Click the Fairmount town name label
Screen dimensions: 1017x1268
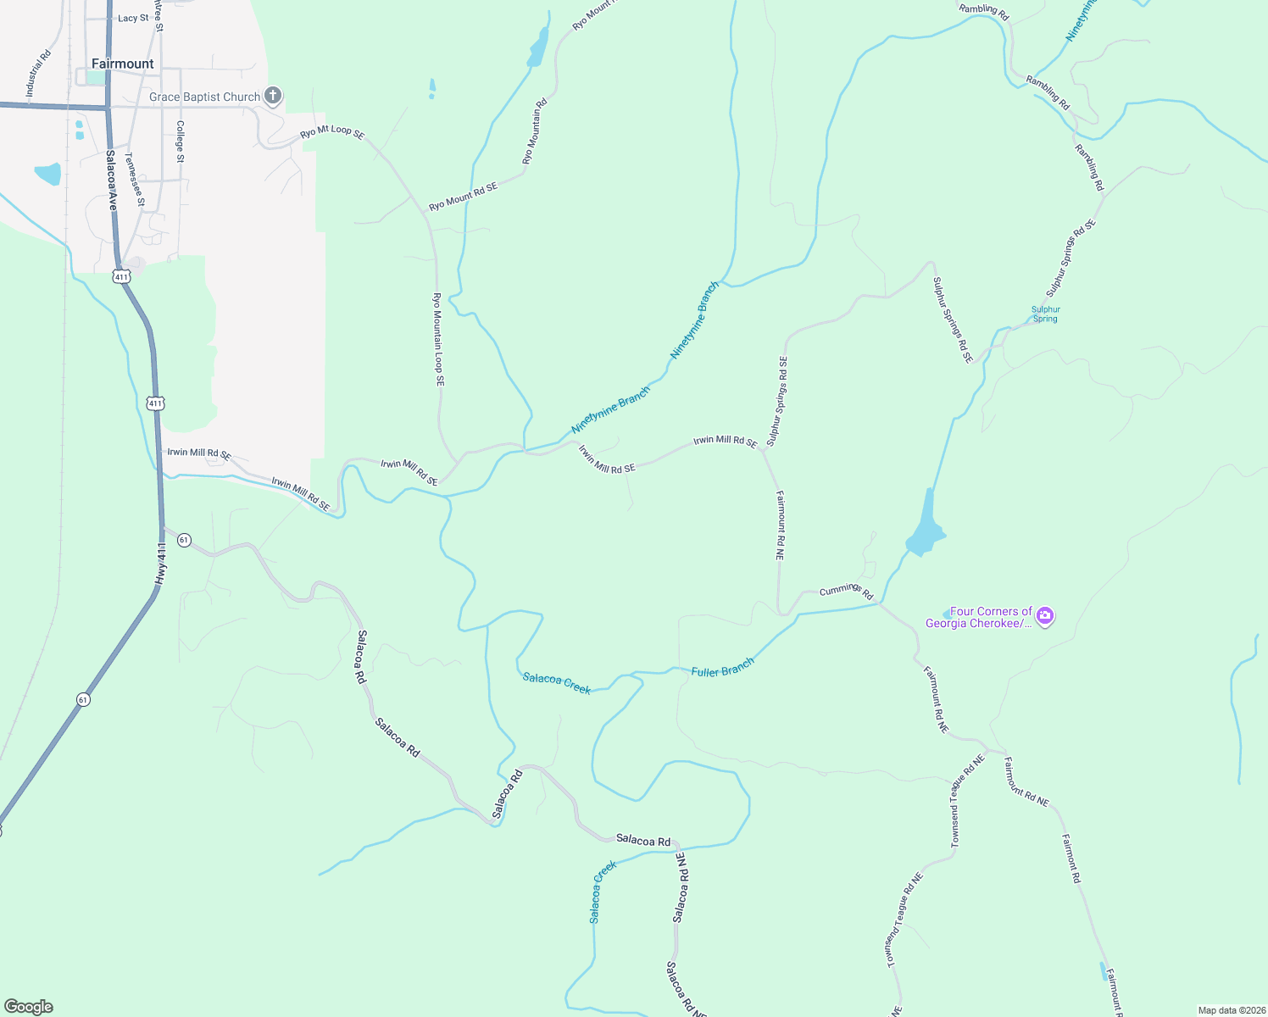[x=123, y=64]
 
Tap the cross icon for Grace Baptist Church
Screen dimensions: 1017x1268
[x=273, y=96]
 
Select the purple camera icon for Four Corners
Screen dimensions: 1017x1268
[x=1045, y=616]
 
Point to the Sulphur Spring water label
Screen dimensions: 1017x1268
[x=1046, y=314]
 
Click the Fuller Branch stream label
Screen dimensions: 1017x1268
[x=722, y=670]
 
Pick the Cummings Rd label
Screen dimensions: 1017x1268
[x=846, y=591]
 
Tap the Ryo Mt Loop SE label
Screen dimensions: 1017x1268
[x=332, y=132]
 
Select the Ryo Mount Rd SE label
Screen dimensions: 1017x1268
[x=463, y=196]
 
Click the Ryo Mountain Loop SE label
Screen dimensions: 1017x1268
[x=438, y=340]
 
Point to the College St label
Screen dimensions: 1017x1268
[x=180, y=142]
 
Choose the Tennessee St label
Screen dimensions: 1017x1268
[x=135, y=180]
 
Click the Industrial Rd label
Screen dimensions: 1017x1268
[x=38, y=73]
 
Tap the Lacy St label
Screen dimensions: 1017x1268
[x=133, y=18]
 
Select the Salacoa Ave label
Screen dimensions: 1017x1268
[x=111, y=181]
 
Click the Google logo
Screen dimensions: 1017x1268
[x=29, y=1007]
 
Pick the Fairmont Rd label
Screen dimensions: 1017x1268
[x=1072, y=859]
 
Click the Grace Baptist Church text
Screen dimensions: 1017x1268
[x=205, y=97]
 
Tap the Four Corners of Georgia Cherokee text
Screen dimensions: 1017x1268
[x=979, y=617]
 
